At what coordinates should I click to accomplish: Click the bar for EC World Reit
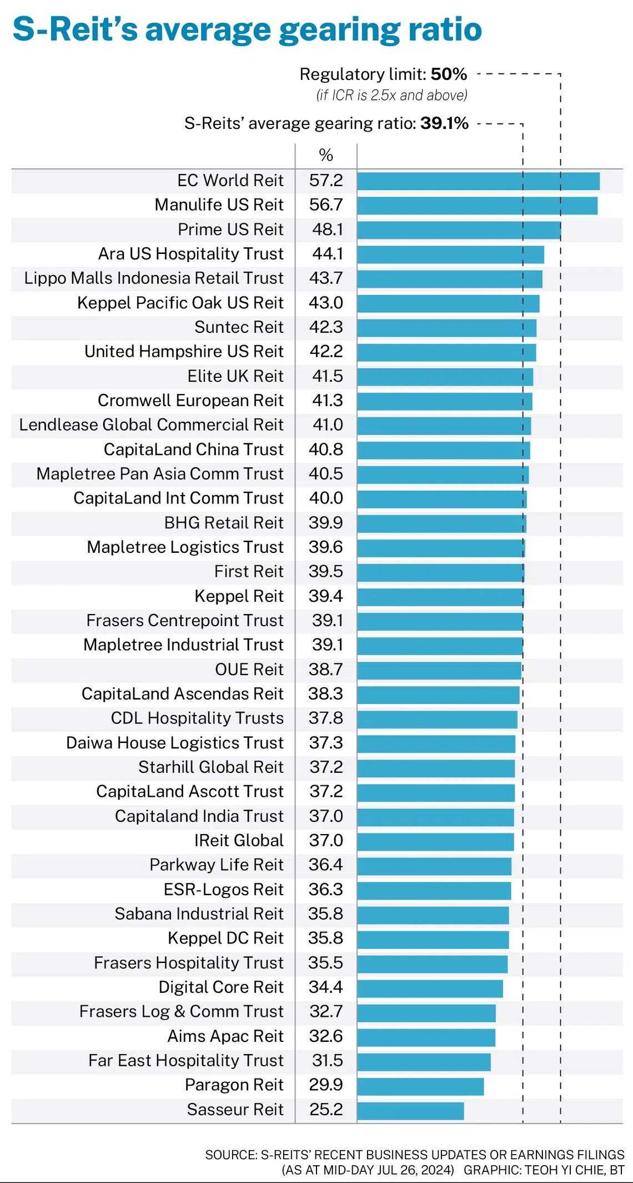point(478,181)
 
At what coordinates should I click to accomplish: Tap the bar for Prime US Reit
point(459,230)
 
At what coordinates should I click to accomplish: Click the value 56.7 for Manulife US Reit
point(326,205)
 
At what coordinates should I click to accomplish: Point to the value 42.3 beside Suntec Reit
point(326,327)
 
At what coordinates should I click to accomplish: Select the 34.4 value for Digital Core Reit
point(326,987)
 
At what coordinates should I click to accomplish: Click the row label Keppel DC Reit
point(225,938)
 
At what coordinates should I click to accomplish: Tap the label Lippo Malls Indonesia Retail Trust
point(154,278)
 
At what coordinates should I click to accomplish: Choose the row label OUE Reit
point(249,670)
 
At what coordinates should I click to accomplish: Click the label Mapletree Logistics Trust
point(185,547)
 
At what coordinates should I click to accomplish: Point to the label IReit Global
point(239,841)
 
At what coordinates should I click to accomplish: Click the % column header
point(326,155)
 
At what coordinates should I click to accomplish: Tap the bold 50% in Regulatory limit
point(449,74)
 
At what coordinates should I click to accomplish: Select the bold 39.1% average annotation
point(444,123)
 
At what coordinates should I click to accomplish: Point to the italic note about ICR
point(391,96)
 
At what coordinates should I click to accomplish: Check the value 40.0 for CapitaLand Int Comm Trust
point(326,498)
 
